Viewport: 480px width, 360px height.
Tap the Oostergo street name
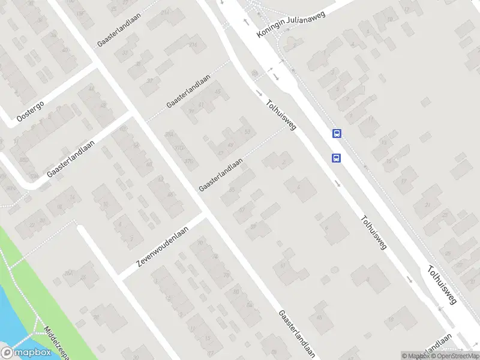click(x=31, y=111)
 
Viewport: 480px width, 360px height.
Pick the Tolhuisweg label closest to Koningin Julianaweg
click(x=281, y=115)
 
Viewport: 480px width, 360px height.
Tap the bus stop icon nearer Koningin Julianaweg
click(x=337, y=134)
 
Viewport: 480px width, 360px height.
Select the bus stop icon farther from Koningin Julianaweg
click(x=336, y=158)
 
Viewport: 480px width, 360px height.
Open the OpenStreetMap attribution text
click(x=454, y=356)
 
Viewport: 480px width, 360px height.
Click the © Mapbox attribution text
click(x=415, y=356)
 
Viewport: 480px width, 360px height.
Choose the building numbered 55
click(x=232, y=191)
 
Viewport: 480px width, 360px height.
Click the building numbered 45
click(x=218, y=92)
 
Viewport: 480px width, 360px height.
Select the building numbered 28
click(x=226, y=275)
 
